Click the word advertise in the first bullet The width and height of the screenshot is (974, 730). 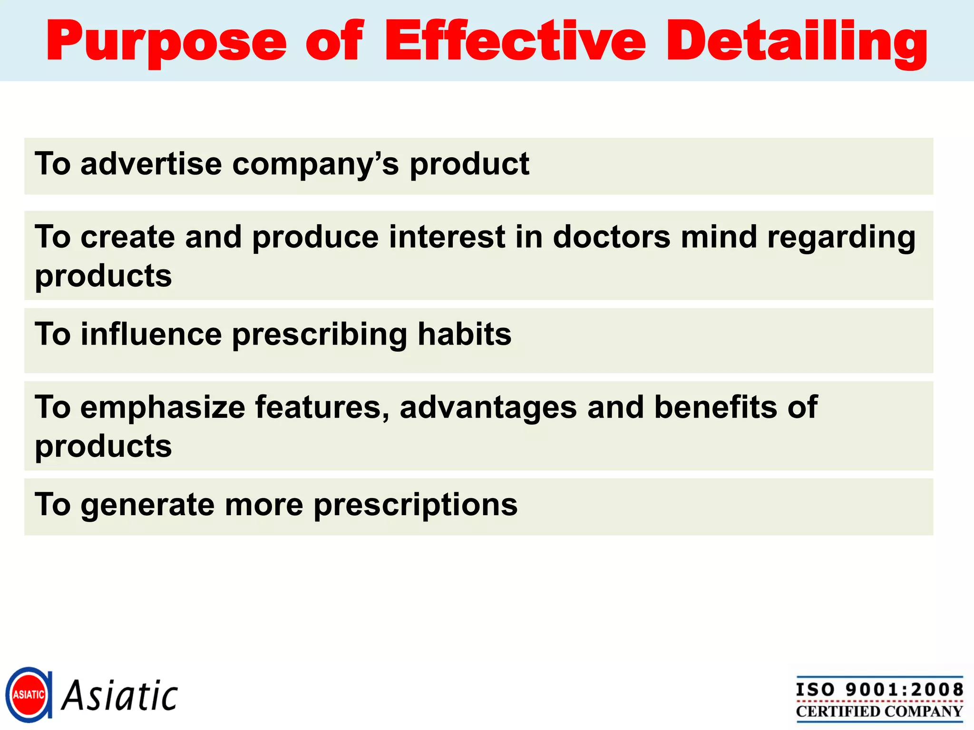[151, 164]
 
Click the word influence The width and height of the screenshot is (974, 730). [151, 334]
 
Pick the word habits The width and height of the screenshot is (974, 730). [464, 334]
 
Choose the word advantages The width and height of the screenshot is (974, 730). [488, 408]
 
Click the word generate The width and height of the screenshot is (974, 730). [147, 505]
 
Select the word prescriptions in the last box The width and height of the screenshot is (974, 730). [415, 505]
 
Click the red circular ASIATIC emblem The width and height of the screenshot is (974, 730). [29, 695]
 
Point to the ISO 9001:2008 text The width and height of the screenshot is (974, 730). [879, 690]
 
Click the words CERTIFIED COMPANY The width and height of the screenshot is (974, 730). [879, 711]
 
